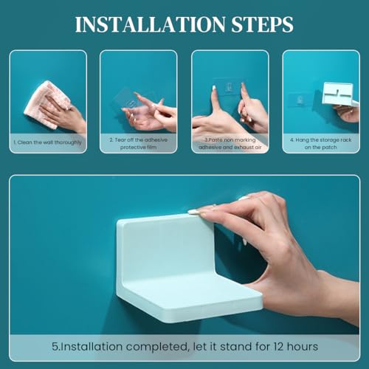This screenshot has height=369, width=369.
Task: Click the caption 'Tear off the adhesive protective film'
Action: pos(139,143)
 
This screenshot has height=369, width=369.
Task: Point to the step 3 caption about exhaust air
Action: pos(230,143)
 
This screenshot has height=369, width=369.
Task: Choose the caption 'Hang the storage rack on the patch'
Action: pos(320,143)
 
